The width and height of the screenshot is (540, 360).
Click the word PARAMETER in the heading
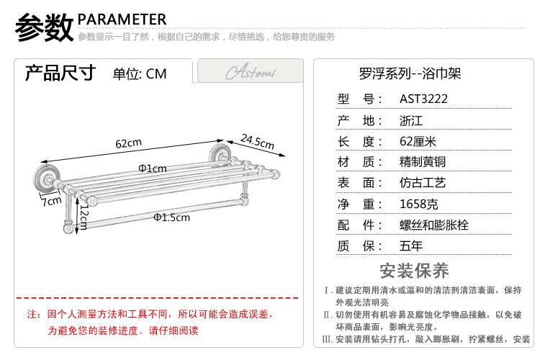122,19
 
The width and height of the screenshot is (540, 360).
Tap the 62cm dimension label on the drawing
129,143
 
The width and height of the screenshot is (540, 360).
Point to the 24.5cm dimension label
257,142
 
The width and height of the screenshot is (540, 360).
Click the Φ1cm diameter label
153,168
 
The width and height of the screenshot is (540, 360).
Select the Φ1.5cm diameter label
171,217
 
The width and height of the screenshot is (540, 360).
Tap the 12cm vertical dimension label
84,214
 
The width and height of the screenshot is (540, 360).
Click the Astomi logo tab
250,73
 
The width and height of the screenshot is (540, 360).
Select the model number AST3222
424,99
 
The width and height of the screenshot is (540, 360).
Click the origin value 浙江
412,120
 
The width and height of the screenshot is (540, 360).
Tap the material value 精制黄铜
423,162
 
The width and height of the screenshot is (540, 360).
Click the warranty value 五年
412,246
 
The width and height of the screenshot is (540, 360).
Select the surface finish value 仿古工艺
423,183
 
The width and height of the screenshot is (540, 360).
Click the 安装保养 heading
414,271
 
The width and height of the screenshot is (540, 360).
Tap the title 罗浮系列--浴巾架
410,73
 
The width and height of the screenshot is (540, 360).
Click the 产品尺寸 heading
60,73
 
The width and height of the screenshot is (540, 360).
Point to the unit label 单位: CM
140,73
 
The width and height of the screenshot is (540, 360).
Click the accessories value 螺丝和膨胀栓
434,225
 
